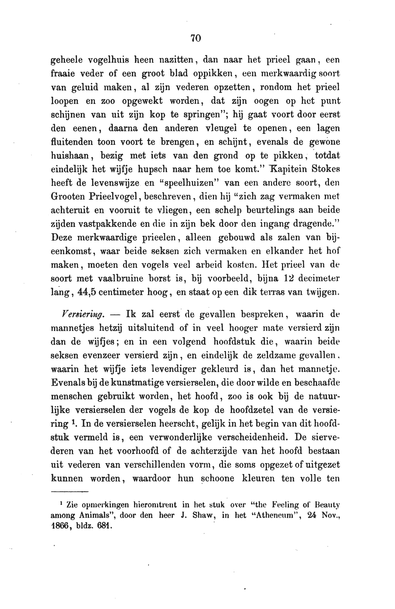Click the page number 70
(196, 38)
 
